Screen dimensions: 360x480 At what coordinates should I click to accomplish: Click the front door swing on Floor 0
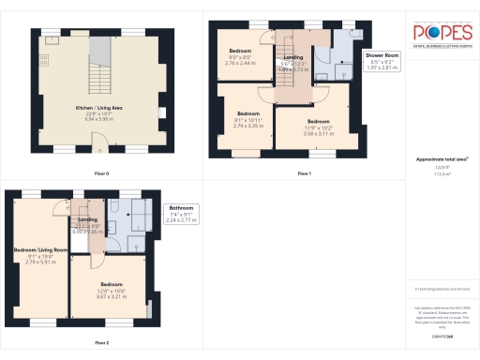point(98,142)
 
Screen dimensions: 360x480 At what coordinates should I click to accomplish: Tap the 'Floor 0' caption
point(100,173)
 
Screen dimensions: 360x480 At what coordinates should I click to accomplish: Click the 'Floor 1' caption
point(303,173)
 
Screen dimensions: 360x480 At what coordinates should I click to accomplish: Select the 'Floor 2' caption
point(100,343)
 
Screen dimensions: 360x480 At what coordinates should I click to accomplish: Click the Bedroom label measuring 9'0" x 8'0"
point(241,55)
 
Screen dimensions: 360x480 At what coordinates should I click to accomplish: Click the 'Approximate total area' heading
point(441,158)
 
